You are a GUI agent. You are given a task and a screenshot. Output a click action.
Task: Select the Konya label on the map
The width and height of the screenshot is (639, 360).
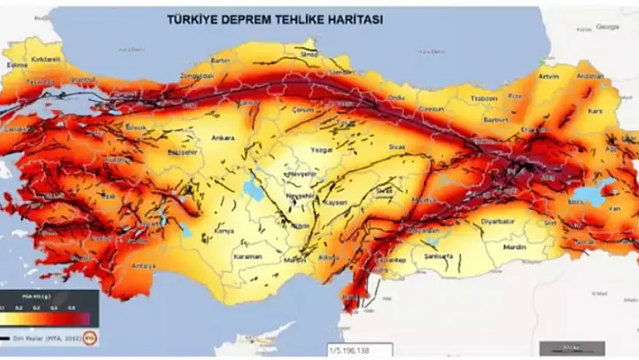coord(224,231)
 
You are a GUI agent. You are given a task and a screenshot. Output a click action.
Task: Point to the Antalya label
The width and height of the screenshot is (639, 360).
coord(144,266)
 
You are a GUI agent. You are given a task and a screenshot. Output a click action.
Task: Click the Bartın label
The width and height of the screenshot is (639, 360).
coord(221,61)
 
